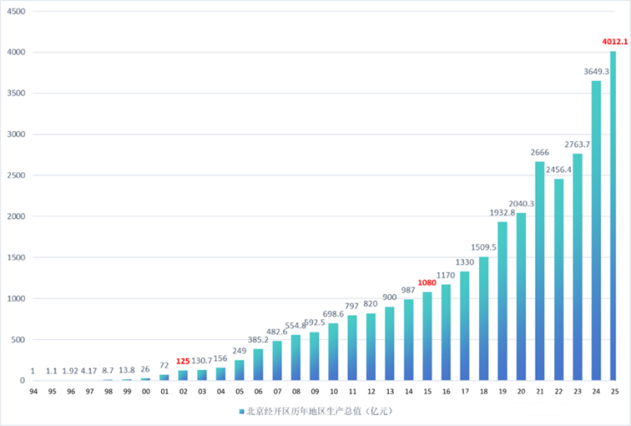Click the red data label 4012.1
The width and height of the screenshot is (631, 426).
click(614, 42)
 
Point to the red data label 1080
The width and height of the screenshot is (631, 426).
click(427, 283)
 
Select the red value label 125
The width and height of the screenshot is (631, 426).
click(182, 361)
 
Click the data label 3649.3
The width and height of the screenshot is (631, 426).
click(595, 72)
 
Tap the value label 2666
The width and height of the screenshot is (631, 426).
click(539, 153)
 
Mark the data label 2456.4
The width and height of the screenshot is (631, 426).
click(558, 170)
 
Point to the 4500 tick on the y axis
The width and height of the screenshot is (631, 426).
click(16, 11)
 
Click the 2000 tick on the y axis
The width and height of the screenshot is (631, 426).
click(16, 216)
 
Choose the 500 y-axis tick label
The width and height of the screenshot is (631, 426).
click(19, 340)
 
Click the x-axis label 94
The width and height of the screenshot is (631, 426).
click(32, 391)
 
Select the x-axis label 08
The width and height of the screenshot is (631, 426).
click(296, 391)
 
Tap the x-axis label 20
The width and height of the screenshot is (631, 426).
click(520, 391)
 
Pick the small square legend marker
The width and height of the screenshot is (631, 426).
click(241, 412)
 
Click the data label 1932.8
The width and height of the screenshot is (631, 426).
click(501, 212)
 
